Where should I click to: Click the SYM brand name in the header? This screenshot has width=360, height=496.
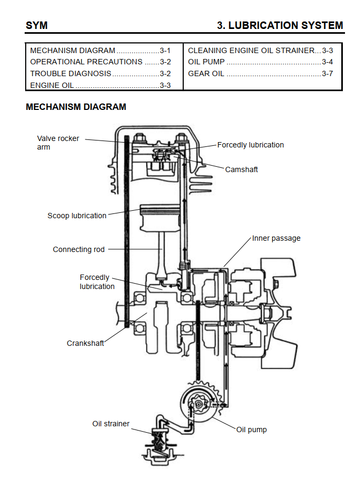pyautogui.click(x=36, y=25)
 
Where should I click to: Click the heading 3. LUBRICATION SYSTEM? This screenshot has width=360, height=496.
pyautogui.click(x=280, y=25)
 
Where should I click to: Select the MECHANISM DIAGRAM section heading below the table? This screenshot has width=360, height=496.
pyautogui.click(x=76, y=107)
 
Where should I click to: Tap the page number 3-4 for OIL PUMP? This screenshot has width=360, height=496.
pyautogui.click(x=327, y=62)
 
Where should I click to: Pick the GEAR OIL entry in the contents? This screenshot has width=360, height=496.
pyautogui.click(x=206, y=73)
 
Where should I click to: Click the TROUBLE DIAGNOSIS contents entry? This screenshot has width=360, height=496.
pyautogui.click(x=71, y=73)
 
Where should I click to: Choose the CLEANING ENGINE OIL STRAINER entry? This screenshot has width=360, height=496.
pyautogui.click(x=251, y=50)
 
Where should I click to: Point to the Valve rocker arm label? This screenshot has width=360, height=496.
pyautogui.click(x=58, y=143)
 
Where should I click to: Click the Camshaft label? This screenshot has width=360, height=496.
pyautogui.click(x=242, y=169)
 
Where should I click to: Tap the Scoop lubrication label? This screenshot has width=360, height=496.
pyautogui.click(x=77, y=216)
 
